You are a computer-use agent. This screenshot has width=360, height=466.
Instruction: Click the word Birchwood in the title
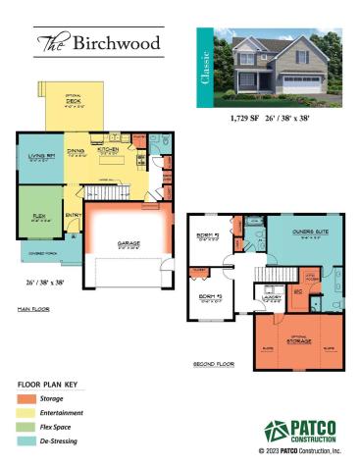coord(116,42)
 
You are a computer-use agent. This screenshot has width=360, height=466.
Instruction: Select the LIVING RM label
coord(40,155)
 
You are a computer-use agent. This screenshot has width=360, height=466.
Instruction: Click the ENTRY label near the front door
coord(73,216)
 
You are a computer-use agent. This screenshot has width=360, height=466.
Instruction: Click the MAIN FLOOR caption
coord(34,308)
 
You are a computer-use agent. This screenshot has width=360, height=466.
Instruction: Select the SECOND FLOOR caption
coord(214,363)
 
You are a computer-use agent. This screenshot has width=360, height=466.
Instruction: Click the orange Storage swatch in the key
coord(26,399)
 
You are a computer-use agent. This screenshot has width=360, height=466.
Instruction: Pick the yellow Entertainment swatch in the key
coord(26,414)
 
